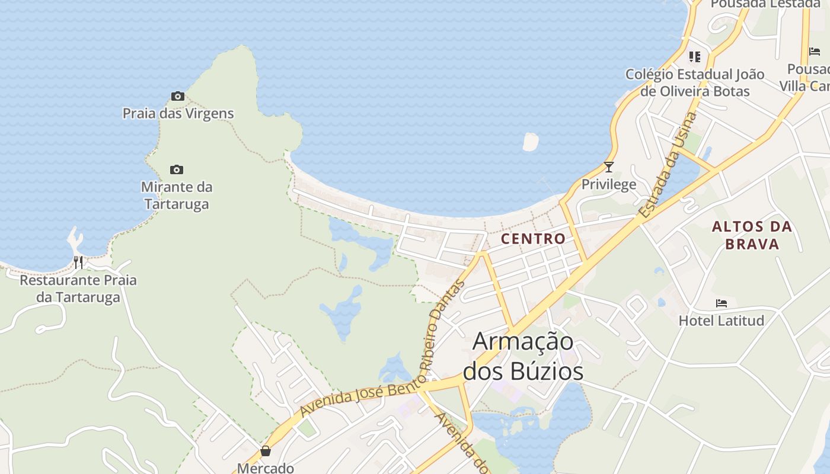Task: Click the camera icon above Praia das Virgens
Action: (x=177, y=96)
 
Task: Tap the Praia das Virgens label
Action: (x=178, y=113)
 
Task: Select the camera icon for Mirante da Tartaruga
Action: (x=177, y=170)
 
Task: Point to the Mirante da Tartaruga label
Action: (x=177, y=196)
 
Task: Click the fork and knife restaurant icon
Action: (x=78, y=262)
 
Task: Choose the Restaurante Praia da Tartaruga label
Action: (x=78, y=289)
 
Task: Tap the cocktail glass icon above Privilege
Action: (x=608, y=167)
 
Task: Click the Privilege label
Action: (x=608, y=184)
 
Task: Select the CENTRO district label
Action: (x=533, y=239)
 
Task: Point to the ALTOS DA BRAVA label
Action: (x=752, y=235)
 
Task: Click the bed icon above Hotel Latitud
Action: (x=721, y=303)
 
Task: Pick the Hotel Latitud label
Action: (x=721, y=321)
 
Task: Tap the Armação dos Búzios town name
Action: (x=523, y=357)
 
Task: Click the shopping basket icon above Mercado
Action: (x=266, y=451)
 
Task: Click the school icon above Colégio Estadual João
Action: (x=694, y=57)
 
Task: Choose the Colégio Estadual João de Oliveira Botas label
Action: (x=695, y=83)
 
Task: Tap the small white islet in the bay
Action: (x=530, y=142)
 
